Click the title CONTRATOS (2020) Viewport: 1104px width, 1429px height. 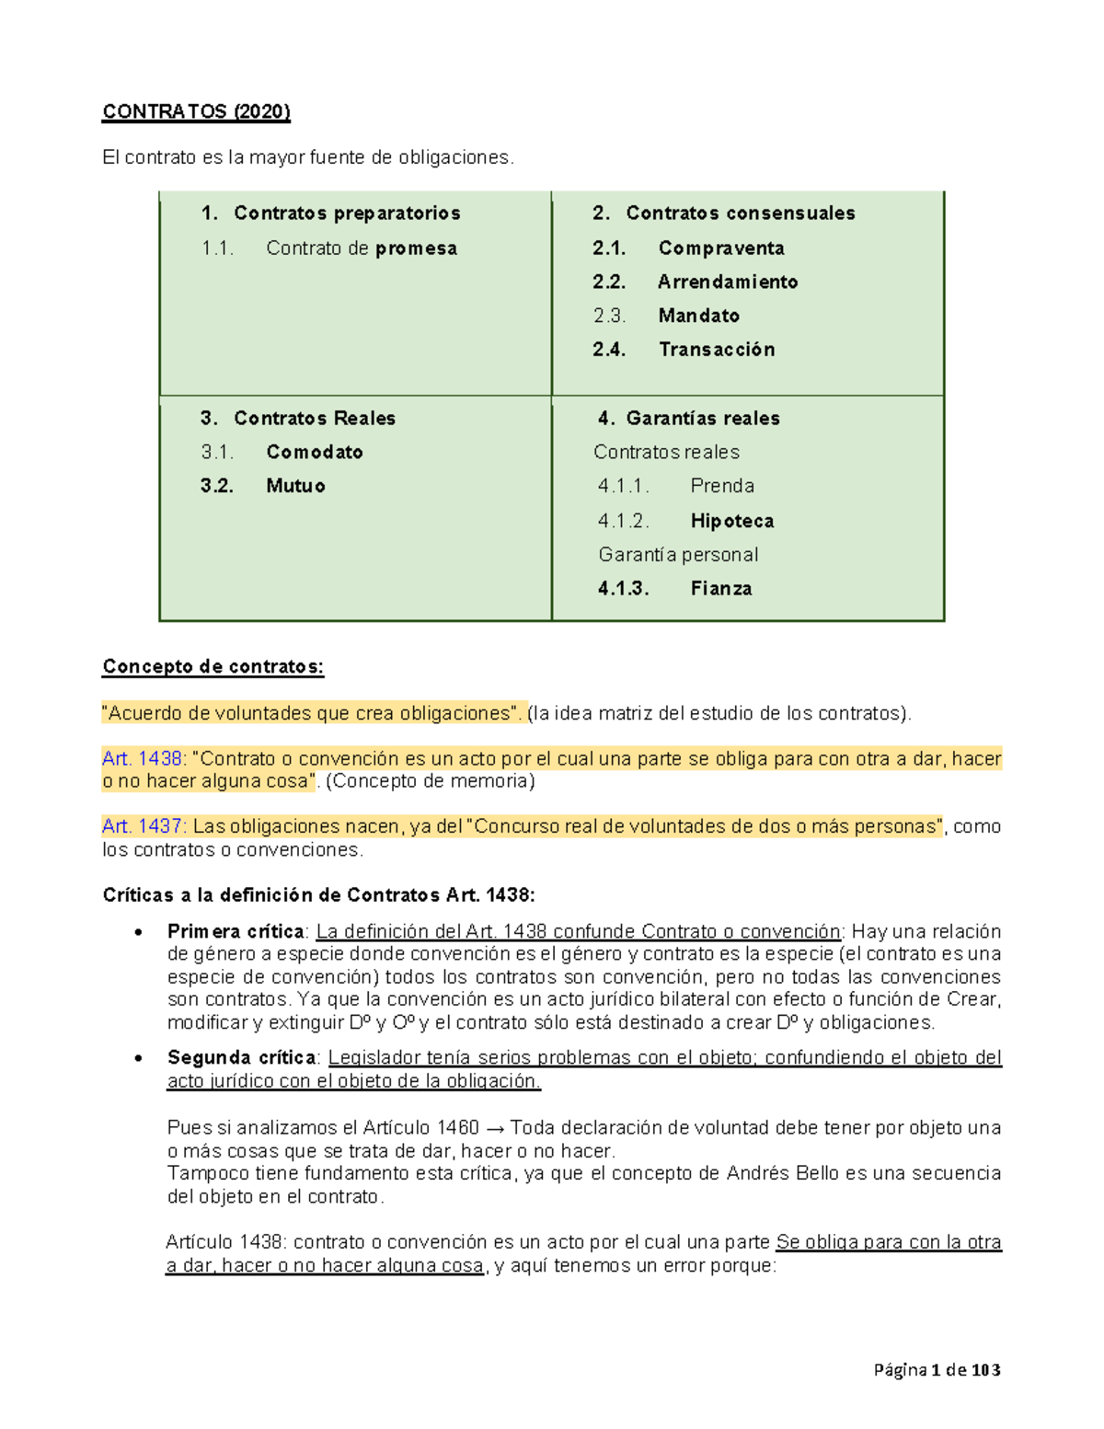(x=196, y=112)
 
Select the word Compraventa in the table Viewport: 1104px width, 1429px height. (x=721, y=248)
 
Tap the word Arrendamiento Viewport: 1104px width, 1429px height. (x=727, y=282)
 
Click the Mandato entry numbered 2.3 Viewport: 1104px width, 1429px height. (x=698, y=316)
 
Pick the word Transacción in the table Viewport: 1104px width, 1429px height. (x=717, y=350)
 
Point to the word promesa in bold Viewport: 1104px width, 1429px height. (x=416, y=248)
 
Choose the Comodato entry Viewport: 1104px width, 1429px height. (x=315, y=452)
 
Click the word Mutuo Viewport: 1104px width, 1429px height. (x=295, y=486)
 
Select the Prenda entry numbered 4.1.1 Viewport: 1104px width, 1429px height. (x=722, y=486)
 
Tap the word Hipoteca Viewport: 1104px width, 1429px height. (x=732, y=521)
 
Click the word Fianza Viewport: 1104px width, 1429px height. (x=721, y=589)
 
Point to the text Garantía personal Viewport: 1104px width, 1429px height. (x=678, y=555)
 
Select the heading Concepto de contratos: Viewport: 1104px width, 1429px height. (x=213, y=667)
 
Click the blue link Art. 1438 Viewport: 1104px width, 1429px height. (x=143, y=759)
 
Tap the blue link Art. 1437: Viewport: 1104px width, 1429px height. (x=144, y=826)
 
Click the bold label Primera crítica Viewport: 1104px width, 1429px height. (x=235, y=931)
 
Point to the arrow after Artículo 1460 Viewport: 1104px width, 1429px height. (x=494, y=1128)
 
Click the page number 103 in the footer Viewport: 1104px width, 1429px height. (x=985, y=1370)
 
